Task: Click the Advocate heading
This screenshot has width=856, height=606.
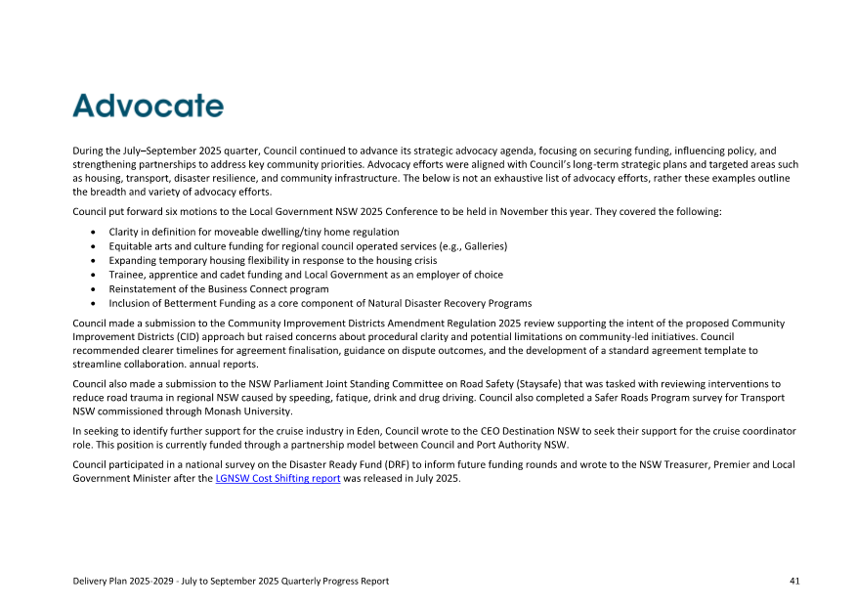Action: [148, 106]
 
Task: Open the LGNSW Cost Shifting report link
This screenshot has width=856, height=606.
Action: [278, 479]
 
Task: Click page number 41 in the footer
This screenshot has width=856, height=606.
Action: [794, 581]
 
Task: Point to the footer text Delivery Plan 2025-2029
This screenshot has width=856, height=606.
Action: [126, 581]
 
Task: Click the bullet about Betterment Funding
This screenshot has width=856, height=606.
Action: [320, 304]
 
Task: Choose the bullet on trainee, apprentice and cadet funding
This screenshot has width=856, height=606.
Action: [306, 275]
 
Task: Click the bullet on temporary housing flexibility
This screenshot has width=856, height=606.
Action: [273, 261]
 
